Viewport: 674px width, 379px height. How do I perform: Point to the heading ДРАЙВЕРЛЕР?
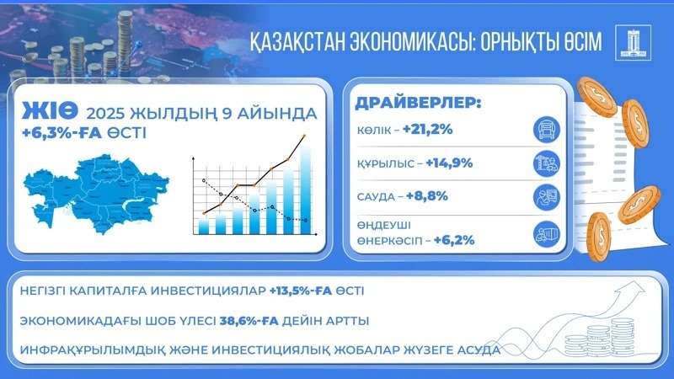click(418, 104)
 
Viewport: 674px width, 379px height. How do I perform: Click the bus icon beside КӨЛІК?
click(547, 130)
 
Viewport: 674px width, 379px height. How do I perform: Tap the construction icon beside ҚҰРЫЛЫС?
click(547, 163)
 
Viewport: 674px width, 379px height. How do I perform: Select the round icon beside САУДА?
click(547, 198)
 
